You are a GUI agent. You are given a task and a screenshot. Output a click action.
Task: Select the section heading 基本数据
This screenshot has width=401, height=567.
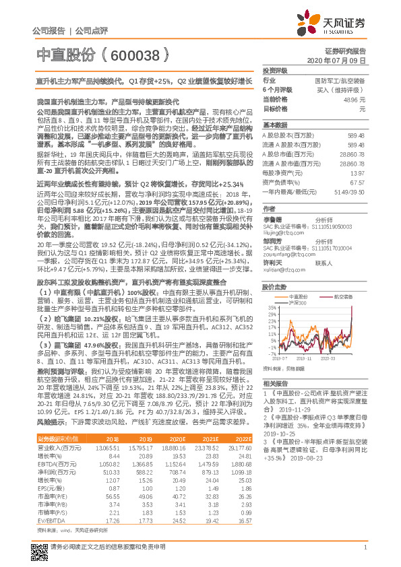pyautogui.click(x=274, y=126)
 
